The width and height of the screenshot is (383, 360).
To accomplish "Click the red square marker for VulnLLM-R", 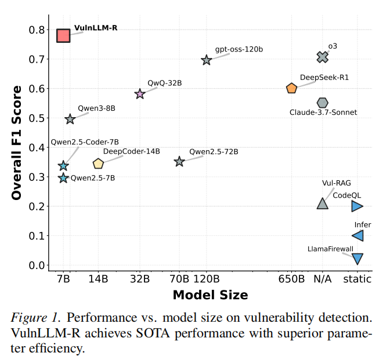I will coord(63,35).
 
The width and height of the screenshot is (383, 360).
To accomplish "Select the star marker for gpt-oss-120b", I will coord(207,60).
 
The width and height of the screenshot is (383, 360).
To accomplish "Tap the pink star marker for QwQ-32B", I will coord(140,94).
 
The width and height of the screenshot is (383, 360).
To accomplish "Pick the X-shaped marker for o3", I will coord(323,57).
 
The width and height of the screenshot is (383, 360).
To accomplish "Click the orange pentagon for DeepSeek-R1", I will coord(291,88).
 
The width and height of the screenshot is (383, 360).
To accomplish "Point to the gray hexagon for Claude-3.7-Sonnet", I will coord(323,103).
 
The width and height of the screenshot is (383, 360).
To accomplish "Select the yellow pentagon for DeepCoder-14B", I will coord(98,164).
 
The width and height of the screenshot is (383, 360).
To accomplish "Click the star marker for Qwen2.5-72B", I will coord(179,162).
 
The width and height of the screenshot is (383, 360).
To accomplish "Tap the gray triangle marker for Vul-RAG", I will coord(323,203).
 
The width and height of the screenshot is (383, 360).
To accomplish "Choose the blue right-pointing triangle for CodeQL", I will coord(357,206).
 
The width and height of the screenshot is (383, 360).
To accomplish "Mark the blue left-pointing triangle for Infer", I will coord(357,235).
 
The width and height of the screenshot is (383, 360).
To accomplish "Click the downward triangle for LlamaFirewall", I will coord(357,259).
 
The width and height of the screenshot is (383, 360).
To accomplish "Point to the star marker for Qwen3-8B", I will coord(70,119).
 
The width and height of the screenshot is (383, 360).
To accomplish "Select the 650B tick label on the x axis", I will coord(291,279).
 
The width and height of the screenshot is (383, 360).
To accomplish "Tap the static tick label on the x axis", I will coord(357,279).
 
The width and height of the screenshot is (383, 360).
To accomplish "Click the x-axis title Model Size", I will coord(210,295).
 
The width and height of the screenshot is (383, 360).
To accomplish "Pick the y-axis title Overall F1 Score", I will coord(17,143).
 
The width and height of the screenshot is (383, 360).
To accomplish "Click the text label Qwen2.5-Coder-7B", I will coord(85,142).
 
